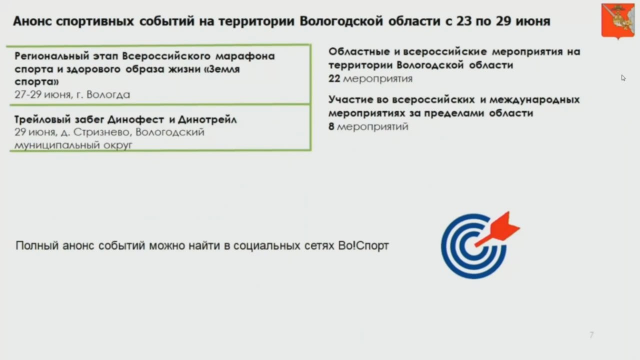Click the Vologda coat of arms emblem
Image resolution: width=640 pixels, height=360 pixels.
[x=617, y=21]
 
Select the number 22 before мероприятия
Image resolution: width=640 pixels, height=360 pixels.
[x=334, y=78]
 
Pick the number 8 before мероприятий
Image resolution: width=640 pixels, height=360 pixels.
[x=331, y=126]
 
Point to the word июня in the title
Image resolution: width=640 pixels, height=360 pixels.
[x=533, y=21]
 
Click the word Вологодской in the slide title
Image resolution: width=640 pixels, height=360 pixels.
[x=341, y=21]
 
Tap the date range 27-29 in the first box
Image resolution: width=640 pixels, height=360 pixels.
[x=28, y=94]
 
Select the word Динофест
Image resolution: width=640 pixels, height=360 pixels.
[x=135, y=119]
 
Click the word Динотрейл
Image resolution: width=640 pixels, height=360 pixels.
[x=207, y=119]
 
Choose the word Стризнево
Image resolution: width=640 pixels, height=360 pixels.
[x=101, y=132]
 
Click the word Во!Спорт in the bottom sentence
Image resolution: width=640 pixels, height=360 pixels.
[x=363, y=245]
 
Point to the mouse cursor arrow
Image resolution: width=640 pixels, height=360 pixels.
[x=623, y=78]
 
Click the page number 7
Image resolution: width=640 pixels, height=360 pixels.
[x=591, y=334]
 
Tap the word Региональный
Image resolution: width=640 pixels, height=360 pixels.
[x=52, y=56]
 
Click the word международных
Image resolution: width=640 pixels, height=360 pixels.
[x=534, y=99]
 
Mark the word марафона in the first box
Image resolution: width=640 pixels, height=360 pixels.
[x=245, y=56]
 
